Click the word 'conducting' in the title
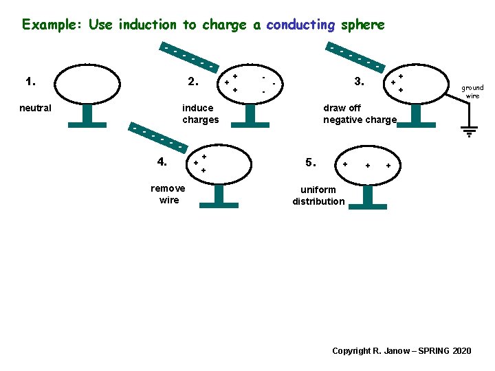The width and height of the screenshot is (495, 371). click(x=300, y=25)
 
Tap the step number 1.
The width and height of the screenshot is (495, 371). click(x=30, y=82)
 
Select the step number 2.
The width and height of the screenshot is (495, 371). click(x=193, y=82)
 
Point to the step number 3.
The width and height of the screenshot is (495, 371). click(x=358, y=82)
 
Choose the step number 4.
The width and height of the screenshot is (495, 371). click(x=162, y=162)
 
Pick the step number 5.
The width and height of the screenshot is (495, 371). click(x=311, y=163)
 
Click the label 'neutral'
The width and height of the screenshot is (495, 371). click(x=35, y=108)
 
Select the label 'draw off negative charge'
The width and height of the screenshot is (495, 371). click(x=360, y=113)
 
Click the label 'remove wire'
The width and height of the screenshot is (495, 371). click(x=168, y=194)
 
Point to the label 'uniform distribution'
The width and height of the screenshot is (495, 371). click(x=318, y=195)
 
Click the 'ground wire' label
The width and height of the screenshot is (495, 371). click(x=472, y=91)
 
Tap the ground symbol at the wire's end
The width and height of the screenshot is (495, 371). click(x=469, y=131)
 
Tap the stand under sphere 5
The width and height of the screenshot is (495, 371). click(x=367, y=198)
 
